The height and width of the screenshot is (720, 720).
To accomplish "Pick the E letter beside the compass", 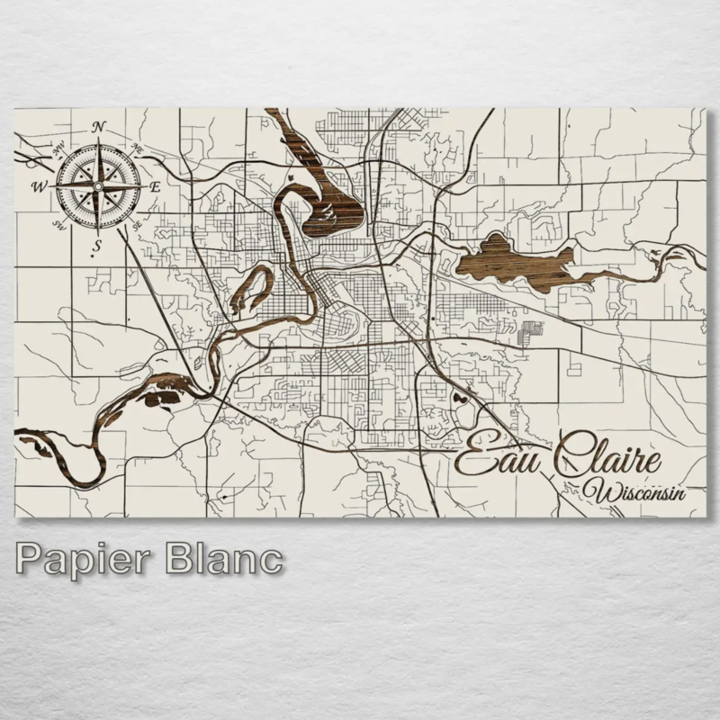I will click(x=155, y=186).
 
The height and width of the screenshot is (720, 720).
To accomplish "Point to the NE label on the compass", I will click(x=139, y=146).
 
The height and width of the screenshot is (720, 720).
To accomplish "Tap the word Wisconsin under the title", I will click(x=634, y=490).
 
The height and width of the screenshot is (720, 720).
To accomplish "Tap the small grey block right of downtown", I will click(x=532, y=329).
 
